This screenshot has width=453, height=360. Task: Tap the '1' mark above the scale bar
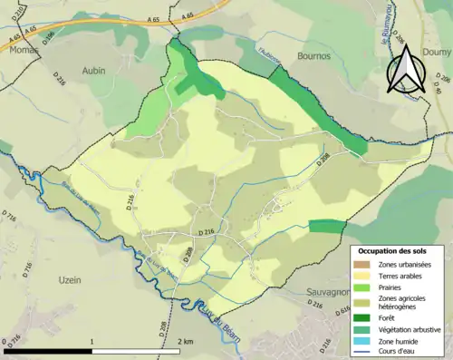click(93, 342)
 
